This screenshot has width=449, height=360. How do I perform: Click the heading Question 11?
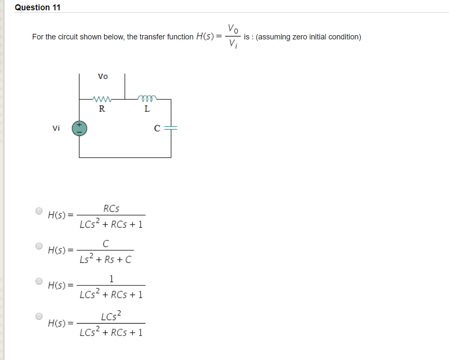click(x=38, y=7)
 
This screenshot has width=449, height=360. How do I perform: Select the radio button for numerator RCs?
click(x=39, y=211)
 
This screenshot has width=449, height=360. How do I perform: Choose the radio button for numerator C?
click(x=39, y=246)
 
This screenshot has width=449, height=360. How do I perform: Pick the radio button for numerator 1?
click(x=39, y=281)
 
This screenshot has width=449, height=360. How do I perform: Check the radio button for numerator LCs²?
click(x=39, y=316)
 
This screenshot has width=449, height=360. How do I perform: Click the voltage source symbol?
click(x=79, y=128)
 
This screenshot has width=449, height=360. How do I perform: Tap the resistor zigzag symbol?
click(x=102, y=99)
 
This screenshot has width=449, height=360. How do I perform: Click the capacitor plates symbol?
click(x=171, y=128)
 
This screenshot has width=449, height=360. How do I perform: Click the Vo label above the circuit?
click(x=103, y=77)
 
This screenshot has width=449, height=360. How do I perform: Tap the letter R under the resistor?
click(x=102, y=109)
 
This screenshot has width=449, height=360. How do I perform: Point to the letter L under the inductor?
click(x=147, y=109)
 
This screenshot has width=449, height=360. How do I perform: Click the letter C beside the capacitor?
click(x=157, y=128)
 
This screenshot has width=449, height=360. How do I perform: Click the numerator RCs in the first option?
click(x=111, y=209)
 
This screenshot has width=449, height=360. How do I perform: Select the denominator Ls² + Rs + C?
click(x=105, y=259)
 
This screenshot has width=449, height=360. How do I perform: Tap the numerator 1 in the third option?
click(x=111, y=279)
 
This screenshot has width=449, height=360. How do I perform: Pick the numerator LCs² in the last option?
click(x=111, y=316)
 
